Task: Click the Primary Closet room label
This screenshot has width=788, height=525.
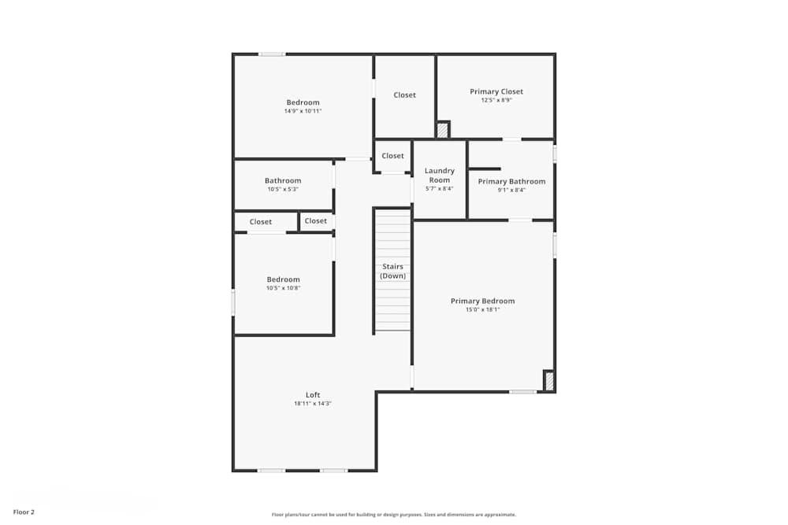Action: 496,91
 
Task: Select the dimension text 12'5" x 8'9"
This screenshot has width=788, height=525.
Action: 496,100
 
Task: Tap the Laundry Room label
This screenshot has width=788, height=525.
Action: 440,175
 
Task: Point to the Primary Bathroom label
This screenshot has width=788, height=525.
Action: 511,181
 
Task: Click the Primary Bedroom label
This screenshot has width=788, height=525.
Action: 482,301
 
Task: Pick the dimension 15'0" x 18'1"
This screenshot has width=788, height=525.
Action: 482,309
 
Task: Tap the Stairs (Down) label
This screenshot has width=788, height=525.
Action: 392,271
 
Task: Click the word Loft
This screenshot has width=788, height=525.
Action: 313,394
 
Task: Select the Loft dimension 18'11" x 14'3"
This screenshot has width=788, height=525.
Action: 313,403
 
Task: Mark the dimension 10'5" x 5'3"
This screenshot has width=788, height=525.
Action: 282,189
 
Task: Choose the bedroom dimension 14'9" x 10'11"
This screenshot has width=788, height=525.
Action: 303,111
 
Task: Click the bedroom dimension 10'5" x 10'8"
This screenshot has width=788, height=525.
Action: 283,288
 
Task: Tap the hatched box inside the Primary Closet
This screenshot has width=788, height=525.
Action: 443,130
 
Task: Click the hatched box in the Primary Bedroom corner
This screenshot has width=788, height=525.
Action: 549,381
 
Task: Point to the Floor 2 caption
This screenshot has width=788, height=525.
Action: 24,512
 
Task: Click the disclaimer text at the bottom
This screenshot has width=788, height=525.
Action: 394,515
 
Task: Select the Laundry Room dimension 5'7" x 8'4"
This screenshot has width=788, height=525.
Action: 440,189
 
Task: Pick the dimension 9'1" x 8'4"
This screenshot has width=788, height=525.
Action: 511,190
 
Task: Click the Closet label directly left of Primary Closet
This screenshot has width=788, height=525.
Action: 404,94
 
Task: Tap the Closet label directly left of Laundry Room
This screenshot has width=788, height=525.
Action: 392,156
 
